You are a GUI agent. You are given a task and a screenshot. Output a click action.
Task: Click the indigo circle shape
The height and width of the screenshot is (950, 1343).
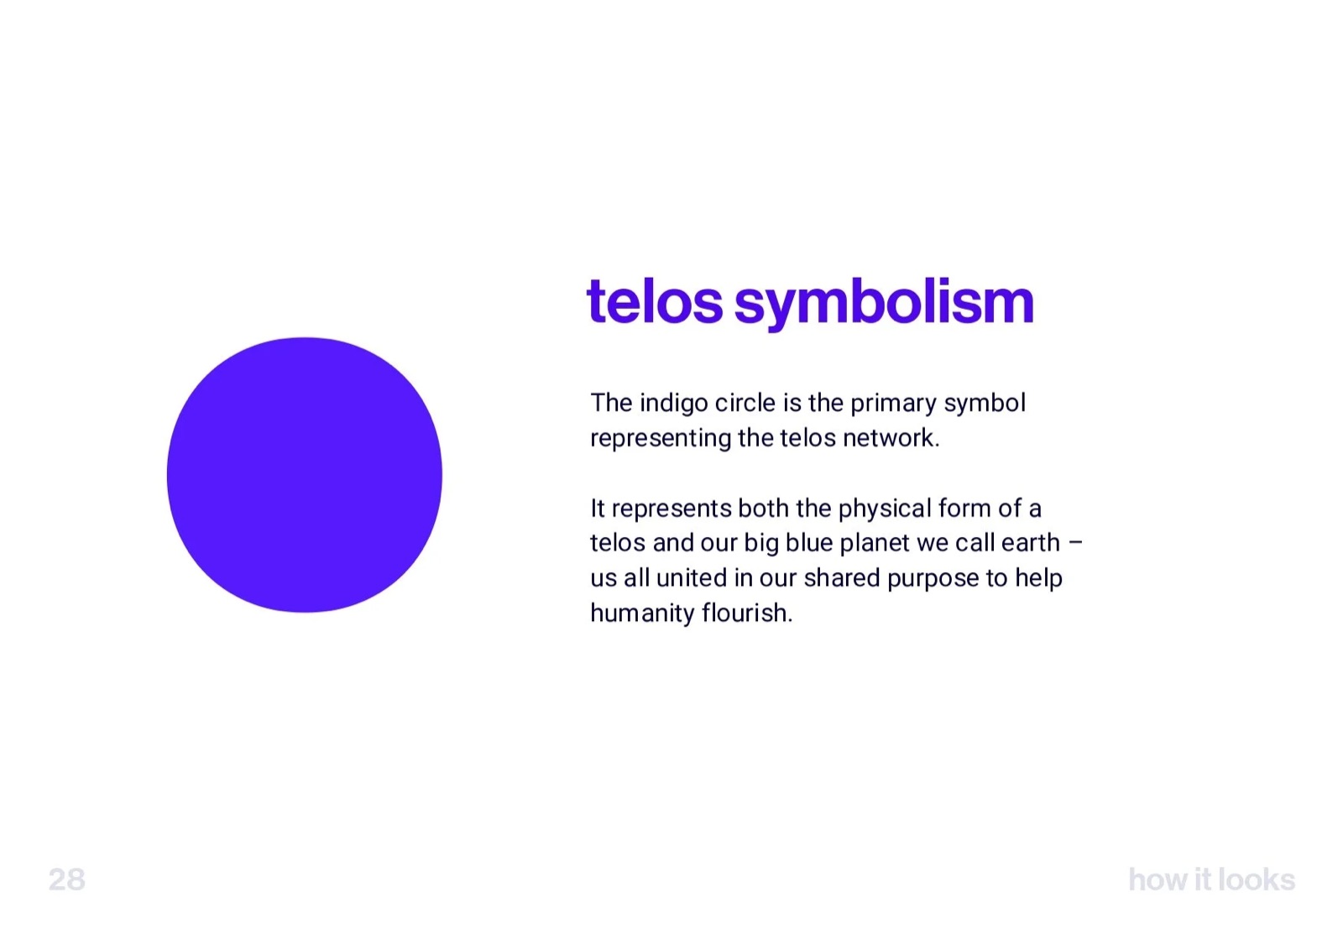304,475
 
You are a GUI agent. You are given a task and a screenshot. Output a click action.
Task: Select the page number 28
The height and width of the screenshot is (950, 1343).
67,880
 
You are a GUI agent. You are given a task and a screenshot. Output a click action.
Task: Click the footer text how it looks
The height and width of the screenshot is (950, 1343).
1211,880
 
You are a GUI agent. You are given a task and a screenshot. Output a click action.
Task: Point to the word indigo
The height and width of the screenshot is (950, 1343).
673,404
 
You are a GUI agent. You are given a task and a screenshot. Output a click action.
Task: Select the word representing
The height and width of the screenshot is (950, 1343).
660,439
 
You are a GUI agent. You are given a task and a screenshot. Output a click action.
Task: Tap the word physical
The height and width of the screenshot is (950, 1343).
884,509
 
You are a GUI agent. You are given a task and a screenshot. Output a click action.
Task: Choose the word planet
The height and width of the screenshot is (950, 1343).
874,544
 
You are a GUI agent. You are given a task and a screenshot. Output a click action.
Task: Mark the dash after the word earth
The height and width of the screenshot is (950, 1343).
1075,543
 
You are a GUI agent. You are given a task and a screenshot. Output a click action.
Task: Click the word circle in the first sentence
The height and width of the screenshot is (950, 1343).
745,404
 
